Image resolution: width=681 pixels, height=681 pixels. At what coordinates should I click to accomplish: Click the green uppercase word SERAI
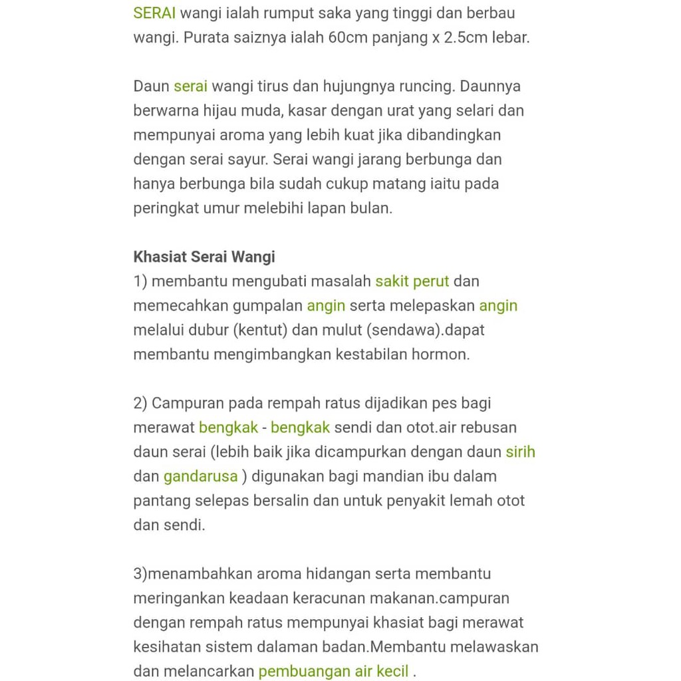pos(154,13)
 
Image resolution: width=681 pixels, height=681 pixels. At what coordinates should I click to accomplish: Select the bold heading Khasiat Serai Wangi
pos(204,257)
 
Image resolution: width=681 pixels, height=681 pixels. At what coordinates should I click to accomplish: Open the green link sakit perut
pos(412,281)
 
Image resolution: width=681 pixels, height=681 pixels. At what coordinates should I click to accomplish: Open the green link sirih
pos(520,452)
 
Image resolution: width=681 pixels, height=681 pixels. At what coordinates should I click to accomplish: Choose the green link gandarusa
pos(200,476)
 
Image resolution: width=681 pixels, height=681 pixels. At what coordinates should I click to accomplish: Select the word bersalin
pos(281,501)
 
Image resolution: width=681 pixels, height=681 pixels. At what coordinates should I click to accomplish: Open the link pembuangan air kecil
pos(333,671)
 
